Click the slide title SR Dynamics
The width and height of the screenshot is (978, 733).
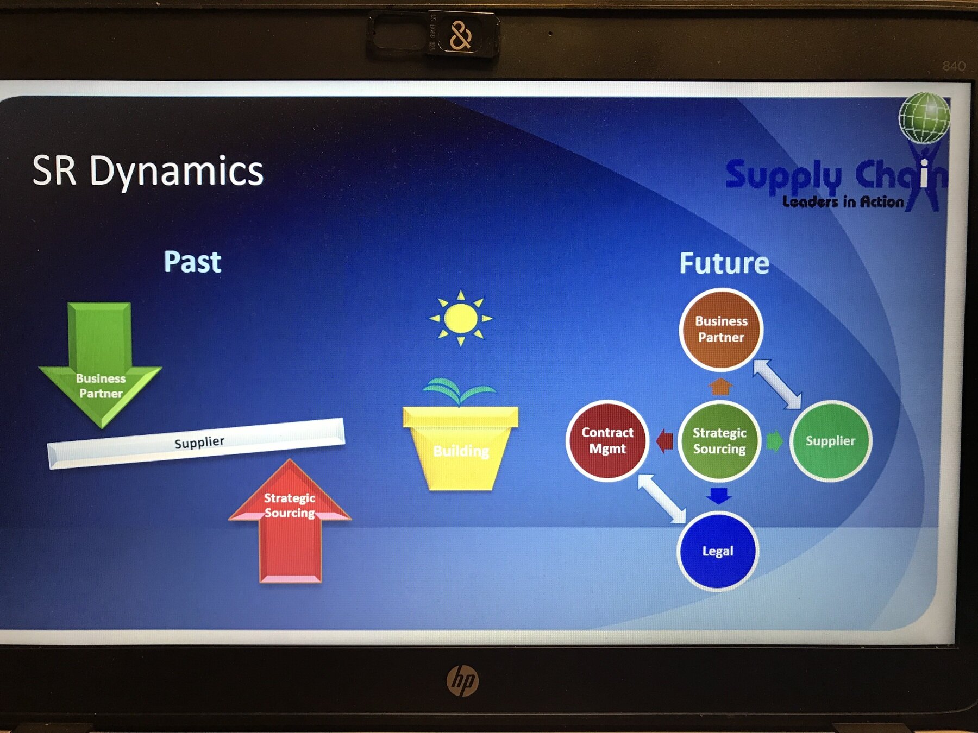[148, 171]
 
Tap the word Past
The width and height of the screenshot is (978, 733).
[192, 262]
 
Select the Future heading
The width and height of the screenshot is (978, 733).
[724, 263]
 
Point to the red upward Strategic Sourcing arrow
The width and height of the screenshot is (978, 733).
[290, 521]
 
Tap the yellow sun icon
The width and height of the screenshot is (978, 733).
[461, 318]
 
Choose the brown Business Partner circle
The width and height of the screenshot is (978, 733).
[721, 329]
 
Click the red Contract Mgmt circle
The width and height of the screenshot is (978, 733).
[607, 440]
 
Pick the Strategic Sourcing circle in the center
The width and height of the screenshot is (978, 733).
[719, 440]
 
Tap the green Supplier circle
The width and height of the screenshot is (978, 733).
[830, 440]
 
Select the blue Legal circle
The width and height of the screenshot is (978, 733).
[717, 551]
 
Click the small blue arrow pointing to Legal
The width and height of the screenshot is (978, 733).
[719, 495]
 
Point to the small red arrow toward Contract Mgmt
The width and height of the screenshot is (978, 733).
[664, 440]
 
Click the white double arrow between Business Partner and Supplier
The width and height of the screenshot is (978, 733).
[777, 384]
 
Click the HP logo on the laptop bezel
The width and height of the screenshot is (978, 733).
[462, 681]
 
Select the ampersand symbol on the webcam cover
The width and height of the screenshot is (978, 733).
[460, 36]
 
